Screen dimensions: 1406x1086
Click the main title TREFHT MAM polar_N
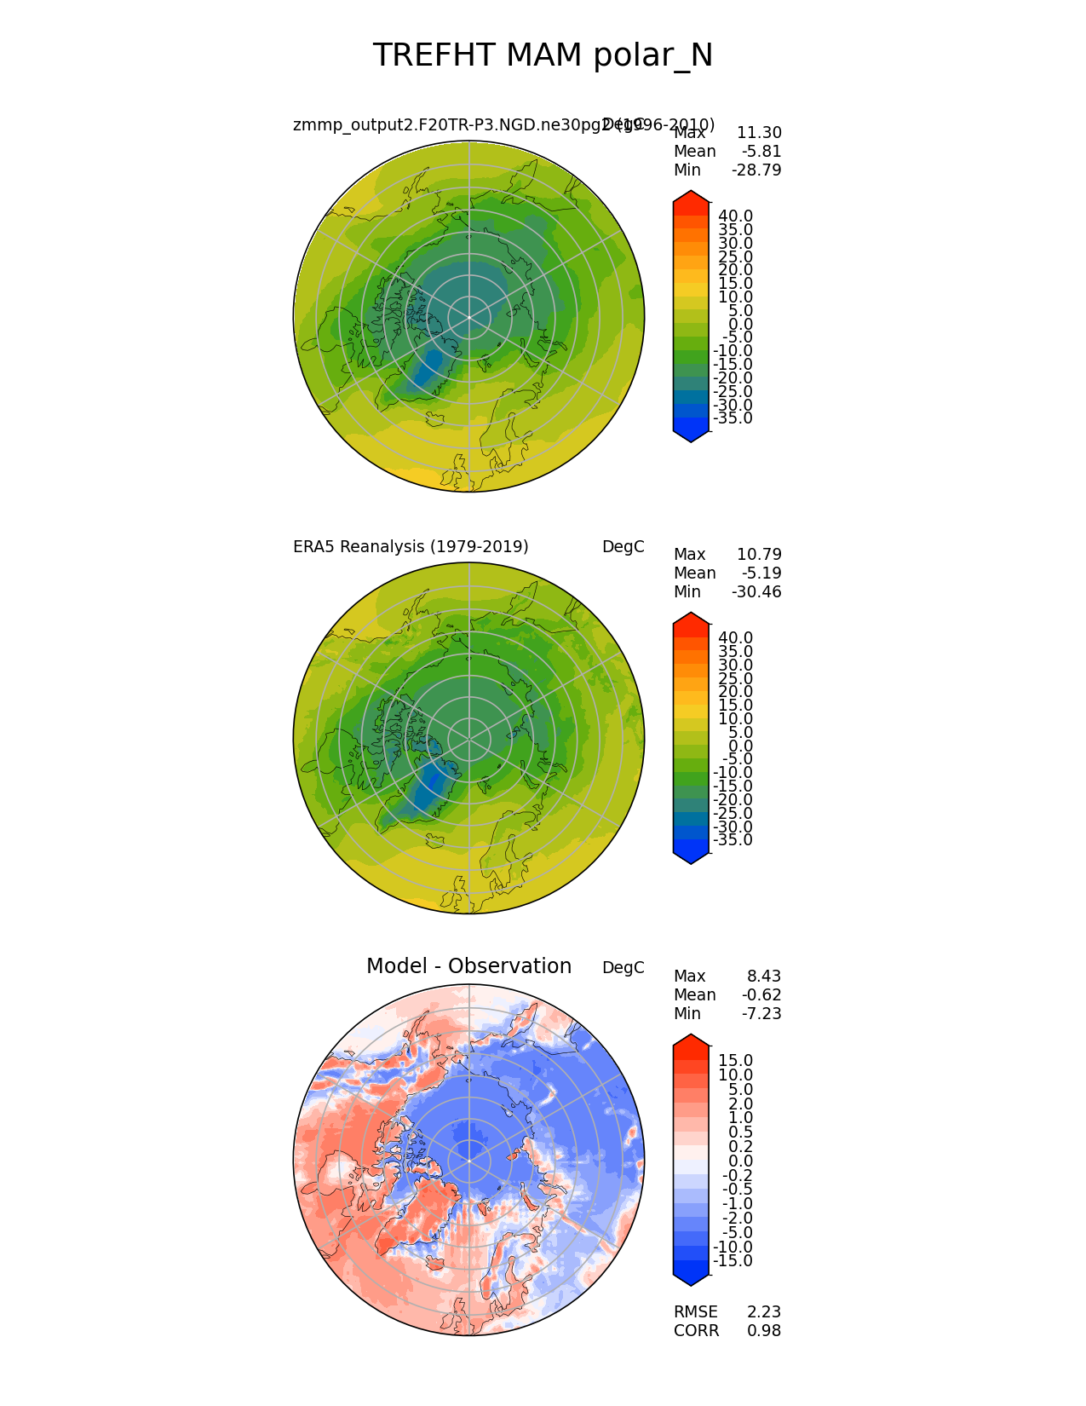click(x=543, y=55)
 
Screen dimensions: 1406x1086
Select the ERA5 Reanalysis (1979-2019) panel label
click(x=411, y=547)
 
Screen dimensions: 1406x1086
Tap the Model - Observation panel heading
click(x=468, y=966)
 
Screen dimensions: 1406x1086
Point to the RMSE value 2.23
click(x=764, y=1312)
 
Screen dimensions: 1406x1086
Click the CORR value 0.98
click(x=764, y=1331)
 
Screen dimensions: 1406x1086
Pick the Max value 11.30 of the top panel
click(x=759, y=133)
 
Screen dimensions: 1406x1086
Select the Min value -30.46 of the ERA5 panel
click(x=756, y=592)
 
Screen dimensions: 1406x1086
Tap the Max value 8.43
click(x=764, y=977)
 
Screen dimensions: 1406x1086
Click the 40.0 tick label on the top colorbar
click(x=735, y=216)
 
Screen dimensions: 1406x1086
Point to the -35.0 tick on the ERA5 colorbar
click(x=733, y=840)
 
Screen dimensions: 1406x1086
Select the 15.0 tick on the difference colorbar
click(x=735, y=1061)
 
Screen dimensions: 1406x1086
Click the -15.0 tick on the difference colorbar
click(x=733, y=1261)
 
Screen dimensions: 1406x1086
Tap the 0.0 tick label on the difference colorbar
click(x=740, y=1161)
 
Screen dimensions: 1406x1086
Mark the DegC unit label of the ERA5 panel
click(x=623, y=547)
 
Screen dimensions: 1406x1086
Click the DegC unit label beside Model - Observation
click(x=623, y=968)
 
